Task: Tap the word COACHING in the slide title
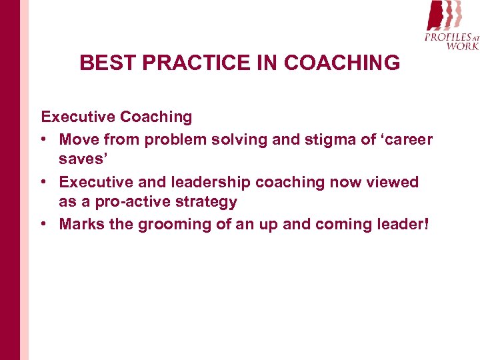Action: coord(342,63)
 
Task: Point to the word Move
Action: coord(81,139)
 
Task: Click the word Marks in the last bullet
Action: coord(81,225)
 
